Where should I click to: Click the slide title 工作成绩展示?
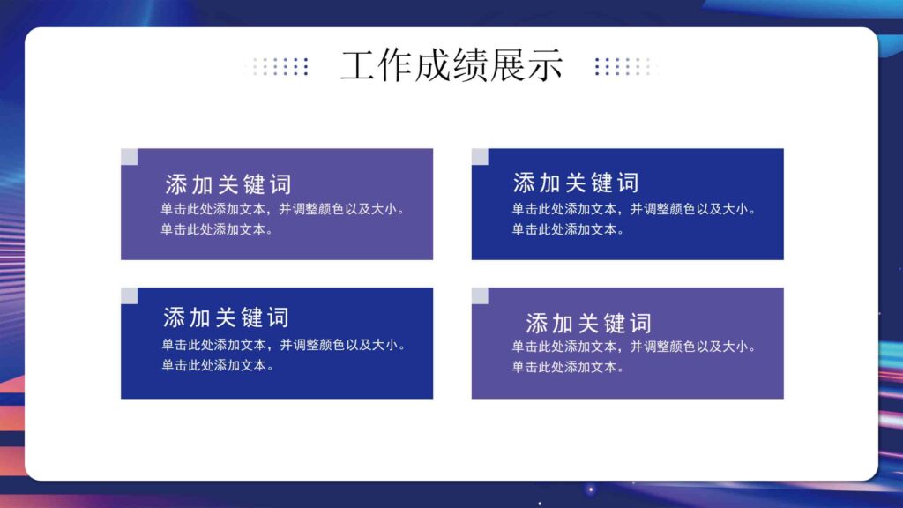[451, 66]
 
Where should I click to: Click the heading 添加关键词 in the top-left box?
[228, 184]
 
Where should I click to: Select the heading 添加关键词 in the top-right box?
[576, 183]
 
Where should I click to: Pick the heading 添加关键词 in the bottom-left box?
[226, 317]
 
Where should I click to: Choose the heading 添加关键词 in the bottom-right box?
[588, 323]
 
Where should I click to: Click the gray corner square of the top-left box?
[129, 157]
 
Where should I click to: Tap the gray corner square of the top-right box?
[480, 157]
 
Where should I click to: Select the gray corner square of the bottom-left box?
[129, 295]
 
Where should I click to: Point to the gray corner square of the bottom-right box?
[480, 295]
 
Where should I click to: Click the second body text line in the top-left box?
[217, 230]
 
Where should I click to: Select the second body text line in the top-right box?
[568, 230]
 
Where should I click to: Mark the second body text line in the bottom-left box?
[217, 365]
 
